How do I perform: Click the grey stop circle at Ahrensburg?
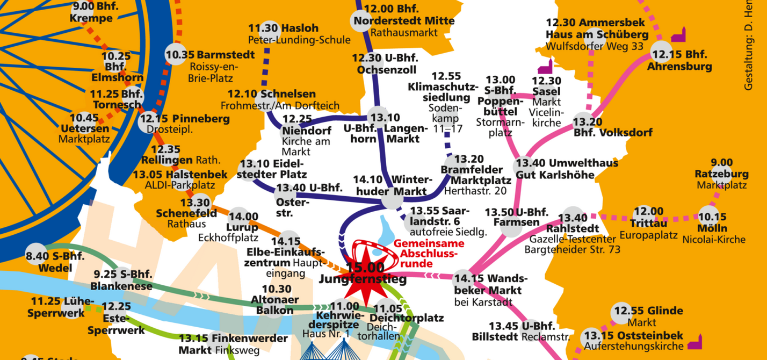pyautogui.click(x=661, y=52)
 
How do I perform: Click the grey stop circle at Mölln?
pyautogui.click(x=708, y=216)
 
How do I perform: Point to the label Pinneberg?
pyautogui.click(x=194, y=119)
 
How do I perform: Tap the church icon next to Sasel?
pyautogui.click(x=545, y=67)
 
